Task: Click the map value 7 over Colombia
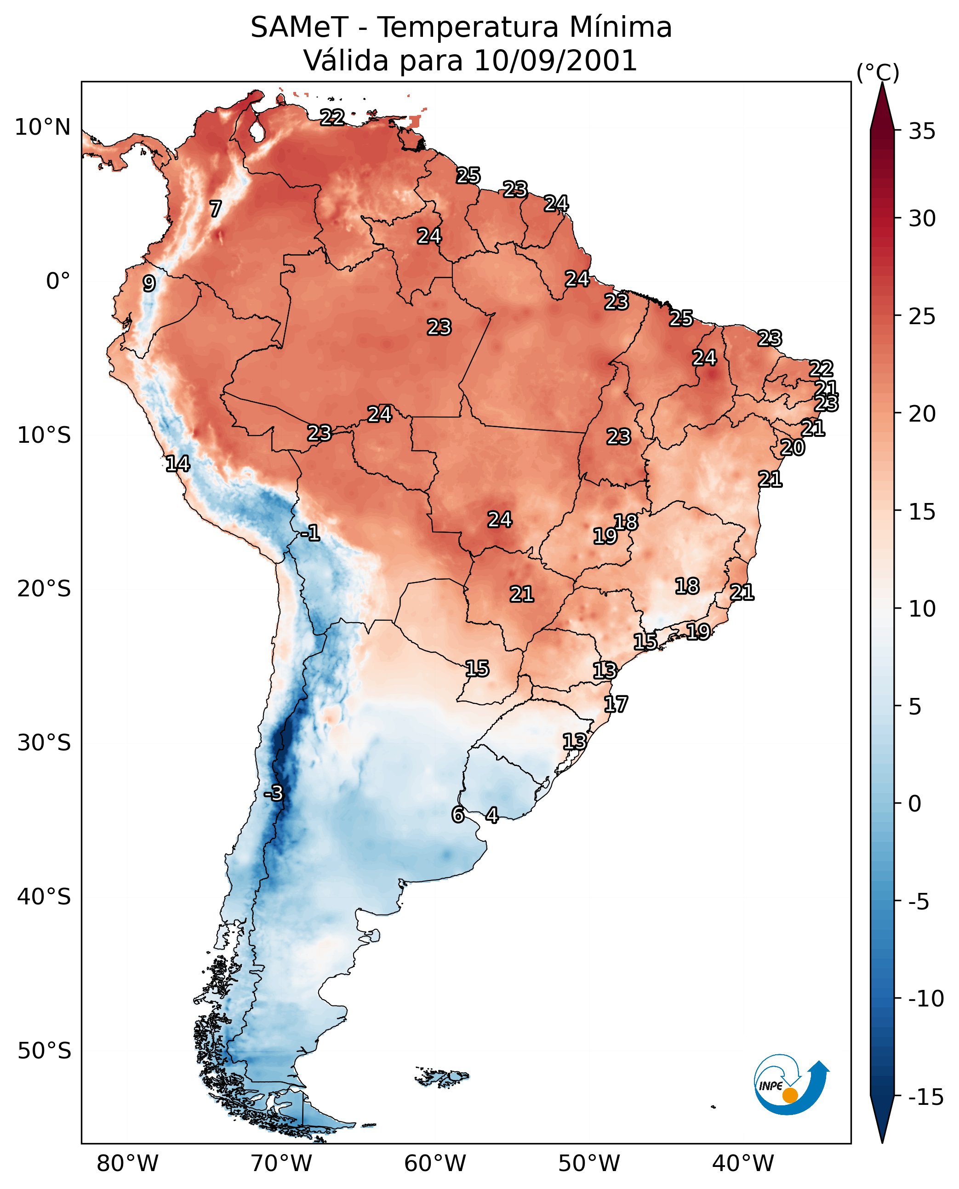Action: [216, 209]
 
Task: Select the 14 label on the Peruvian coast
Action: [177, 463]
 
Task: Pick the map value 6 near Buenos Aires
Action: [457, 814]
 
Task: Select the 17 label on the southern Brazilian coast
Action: [616, 704]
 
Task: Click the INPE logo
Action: [791, 1085]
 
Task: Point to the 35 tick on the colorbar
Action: [922, 131]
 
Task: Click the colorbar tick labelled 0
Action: [915, 804]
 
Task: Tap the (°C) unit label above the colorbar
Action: [878, 72]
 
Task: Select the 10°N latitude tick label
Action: [43, 128]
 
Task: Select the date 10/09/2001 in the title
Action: [555, 60]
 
